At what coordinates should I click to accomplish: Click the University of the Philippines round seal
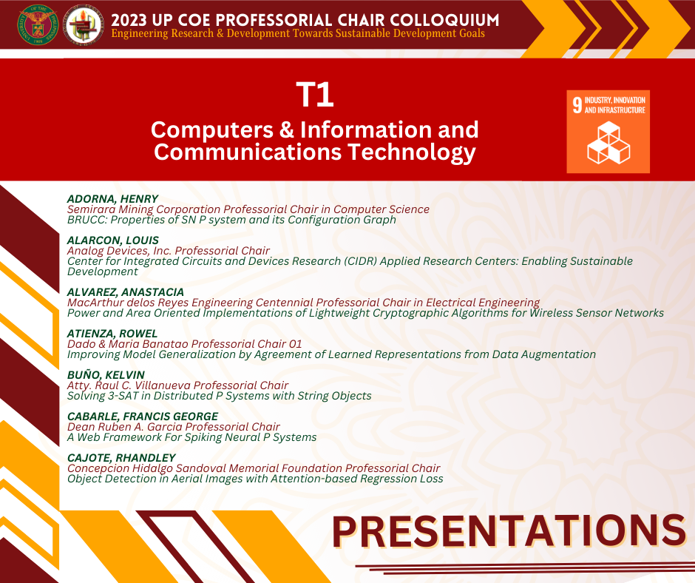[38, 25]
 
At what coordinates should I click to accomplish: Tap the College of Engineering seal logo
[84, 25]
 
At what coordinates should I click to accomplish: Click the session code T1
[315, 95]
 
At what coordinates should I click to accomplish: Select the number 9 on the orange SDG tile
[577, 105]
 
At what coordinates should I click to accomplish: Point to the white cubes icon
[608, 143]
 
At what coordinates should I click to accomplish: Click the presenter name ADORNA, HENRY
[112, 199]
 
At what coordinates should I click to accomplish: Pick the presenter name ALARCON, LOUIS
[113, 240]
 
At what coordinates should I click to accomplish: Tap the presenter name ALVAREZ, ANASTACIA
[126, 292]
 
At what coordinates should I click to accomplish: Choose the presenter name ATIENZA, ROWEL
[112, 333]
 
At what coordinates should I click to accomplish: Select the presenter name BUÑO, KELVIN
[106, 374]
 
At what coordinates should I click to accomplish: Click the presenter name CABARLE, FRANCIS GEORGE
[143, 417]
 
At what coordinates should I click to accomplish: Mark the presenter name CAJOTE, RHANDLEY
[121, 457]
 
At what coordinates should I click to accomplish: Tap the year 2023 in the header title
[129, 21]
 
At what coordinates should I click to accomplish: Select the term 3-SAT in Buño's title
[122, 396]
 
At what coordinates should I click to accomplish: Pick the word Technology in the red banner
[411, 152]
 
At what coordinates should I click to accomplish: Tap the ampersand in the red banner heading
[287, 130]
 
